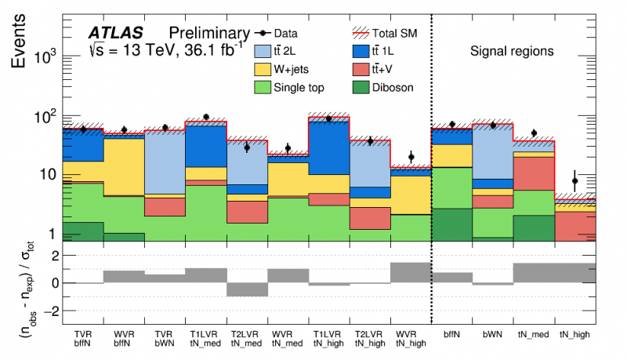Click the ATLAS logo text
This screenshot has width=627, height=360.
115,34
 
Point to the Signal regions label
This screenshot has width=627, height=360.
512,52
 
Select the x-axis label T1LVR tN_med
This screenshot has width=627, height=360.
205,336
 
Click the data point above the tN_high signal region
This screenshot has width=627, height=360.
575,181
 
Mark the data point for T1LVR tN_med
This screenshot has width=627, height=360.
205,117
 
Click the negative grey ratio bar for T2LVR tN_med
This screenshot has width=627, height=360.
247,289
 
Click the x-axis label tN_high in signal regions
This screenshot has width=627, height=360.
575,333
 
